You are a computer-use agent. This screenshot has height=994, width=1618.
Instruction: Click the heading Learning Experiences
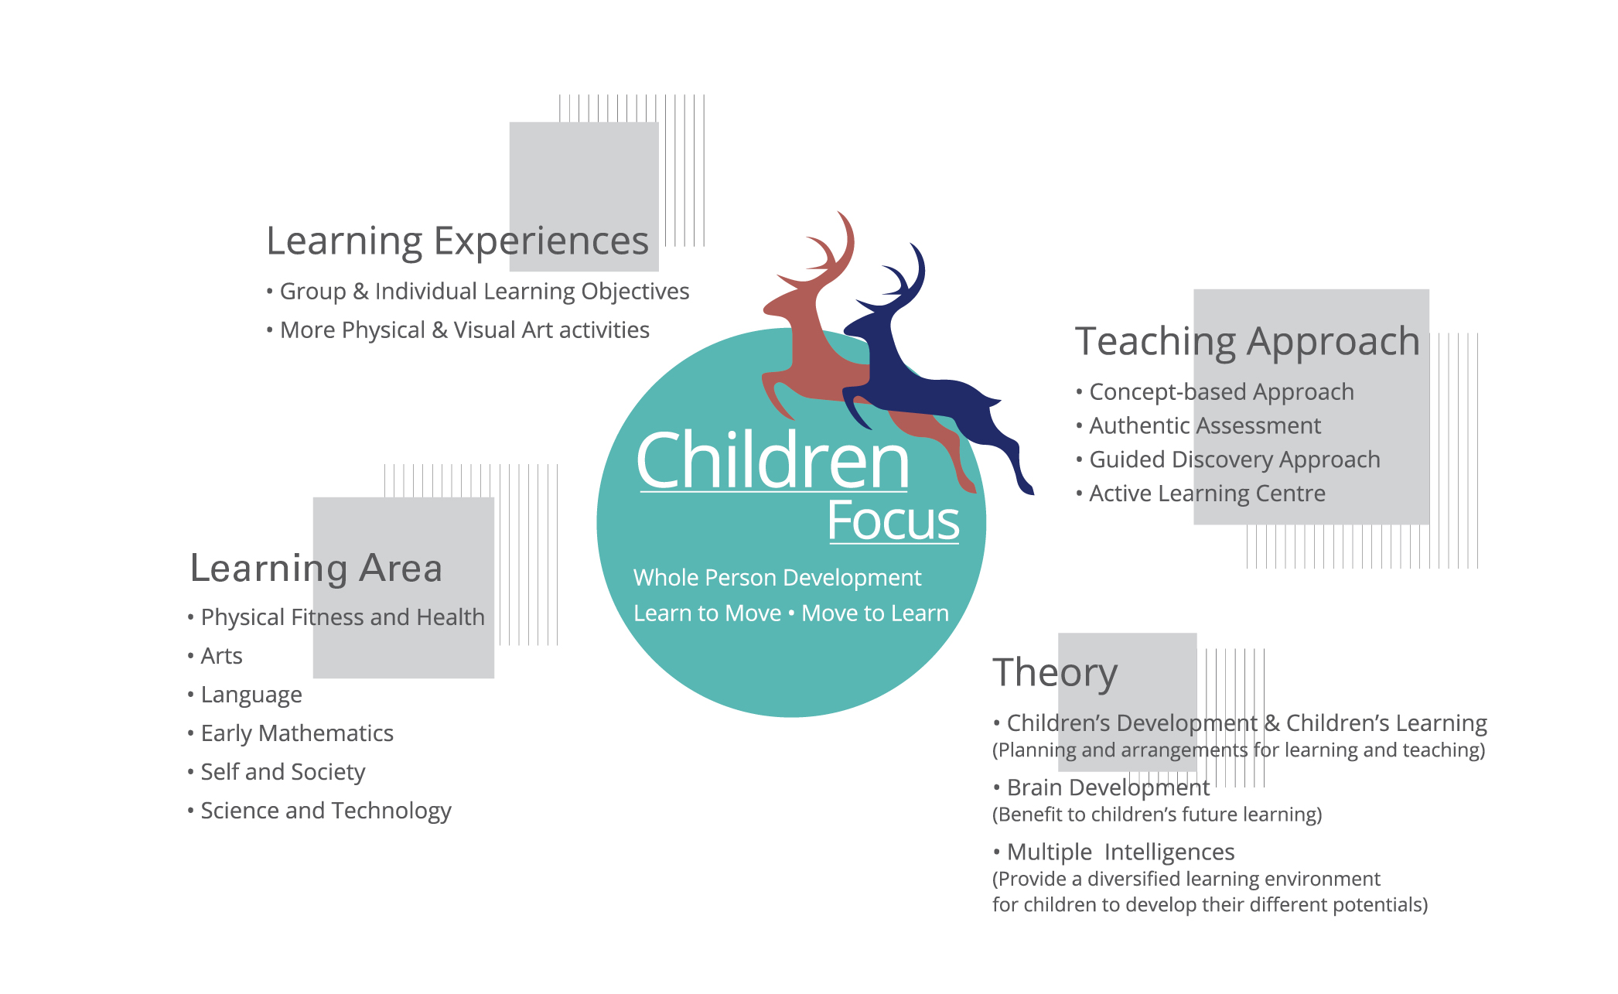(457, 242)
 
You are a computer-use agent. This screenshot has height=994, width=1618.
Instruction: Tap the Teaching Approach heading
(1248, 342)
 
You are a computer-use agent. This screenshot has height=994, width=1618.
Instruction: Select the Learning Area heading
(316, 569)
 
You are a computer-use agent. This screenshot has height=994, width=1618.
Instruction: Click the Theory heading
(1055, 671)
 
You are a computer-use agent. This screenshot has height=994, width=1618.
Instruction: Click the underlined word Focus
(893, 521)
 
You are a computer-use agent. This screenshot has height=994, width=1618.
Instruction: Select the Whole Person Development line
(777, 578)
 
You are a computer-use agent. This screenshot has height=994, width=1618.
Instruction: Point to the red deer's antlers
(824, 248)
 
